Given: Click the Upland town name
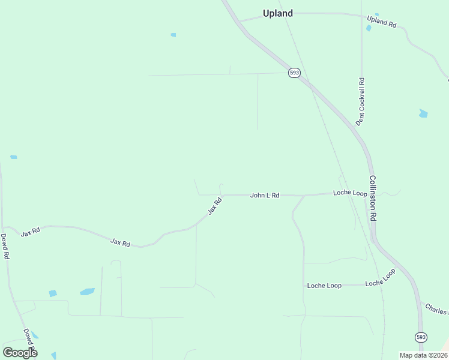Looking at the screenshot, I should [278, 13].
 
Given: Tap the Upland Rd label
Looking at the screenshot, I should [382, 22].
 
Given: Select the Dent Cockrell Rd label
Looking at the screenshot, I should [360, 101].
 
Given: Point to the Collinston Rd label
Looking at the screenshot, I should [373, 199].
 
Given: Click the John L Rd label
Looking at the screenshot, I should [265, 195].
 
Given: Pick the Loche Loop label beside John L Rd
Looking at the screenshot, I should [350, 193].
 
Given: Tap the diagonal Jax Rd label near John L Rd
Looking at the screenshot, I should [215, 206].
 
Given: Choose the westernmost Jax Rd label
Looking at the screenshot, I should [30, 232].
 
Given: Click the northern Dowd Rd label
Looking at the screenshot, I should [5, 247].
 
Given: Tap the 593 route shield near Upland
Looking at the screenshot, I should [294, 72].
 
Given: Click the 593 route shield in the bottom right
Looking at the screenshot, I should [421, 337].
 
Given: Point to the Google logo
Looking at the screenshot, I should [20, 352].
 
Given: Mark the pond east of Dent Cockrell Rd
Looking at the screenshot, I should [423, 113].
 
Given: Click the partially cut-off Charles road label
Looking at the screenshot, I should [436, 310].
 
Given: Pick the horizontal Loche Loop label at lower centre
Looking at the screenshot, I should [324, 286].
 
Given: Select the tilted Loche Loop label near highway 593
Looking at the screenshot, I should [381, 278].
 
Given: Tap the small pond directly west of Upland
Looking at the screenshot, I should [173, 35].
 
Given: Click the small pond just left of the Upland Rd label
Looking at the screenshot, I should [369, 28].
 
